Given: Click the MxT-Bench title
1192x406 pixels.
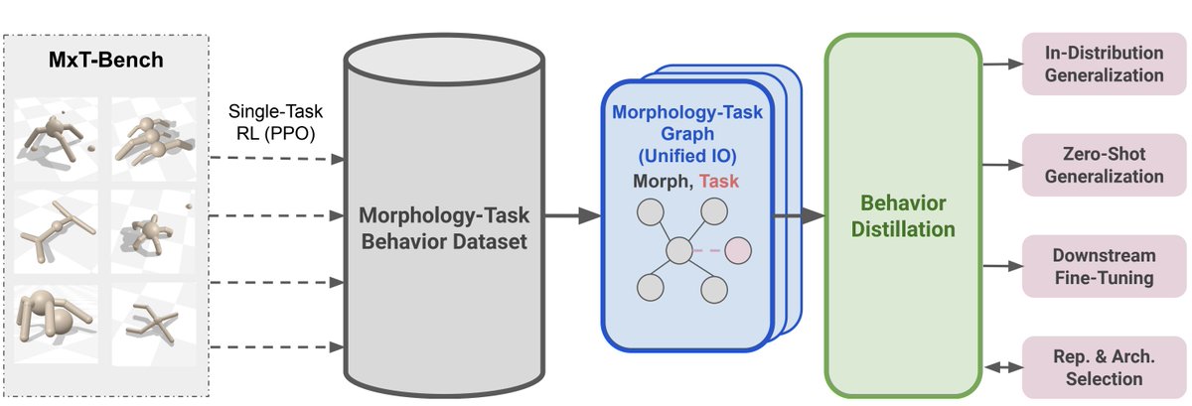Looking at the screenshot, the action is (x=106, y=60).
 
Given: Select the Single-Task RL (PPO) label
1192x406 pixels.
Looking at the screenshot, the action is (x=275, y=122).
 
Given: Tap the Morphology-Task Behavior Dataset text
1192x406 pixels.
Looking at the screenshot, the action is (x=444, y=228).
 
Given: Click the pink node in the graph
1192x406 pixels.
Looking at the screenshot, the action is (x=738, y=250).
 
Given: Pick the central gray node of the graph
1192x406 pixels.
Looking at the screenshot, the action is (x=679, y=250).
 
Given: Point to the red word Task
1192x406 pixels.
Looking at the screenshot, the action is (x=719, y=181).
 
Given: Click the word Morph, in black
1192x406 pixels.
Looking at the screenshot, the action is (x=664, y=182).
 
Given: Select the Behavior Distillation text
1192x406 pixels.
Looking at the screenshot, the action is (x=903, y=216).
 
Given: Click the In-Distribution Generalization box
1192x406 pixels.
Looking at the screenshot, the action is (x=1105, y=64).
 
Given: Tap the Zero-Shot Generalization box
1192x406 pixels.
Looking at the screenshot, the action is (x=1105, y=165).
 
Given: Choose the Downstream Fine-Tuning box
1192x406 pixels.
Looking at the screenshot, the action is (x=1105, y=266).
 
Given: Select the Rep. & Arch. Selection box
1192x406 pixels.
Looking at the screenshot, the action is (x=1105, y=367).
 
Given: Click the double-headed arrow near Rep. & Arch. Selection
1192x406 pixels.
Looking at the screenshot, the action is (x=1003, y=367).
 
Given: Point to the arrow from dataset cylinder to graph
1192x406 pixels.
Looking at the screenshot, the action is (x=573, y=215).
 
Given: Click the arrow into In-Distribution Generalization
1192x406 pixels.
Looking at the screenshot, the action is (x=1002, y=64).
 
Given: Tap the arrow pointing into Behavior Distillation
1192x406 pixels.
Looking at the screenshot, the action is (x=799, y=215).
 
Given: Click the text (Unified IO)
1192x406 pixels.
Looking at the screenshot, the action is (x=687, y=156).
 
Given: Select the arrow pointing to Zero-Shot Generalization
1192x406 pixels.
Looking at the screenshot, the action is (x=1002, y=165).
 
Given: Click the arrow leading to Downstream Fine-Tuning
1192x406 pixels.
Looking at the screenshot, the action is (x=1002, y=266).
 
